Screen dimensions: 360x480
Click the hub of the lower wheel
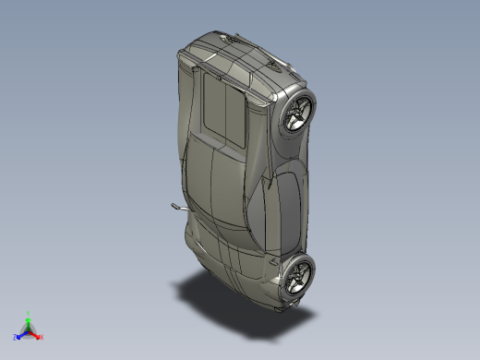click(x=298, y=274)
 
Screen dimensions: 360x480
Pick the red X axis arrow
click(x=37, y=335)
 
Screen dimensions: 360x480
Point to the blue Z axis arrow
click(x=20, y=334)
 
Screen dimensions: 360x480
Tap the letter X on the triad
click(x=42, y=337)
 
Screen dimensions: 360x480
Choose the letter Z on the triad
click(x=16, y=337)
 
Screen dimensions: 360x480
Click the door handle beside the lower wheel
click(x=276, y=262)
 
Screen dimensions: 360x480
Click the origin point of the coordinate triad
click(x=29, y=329)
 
